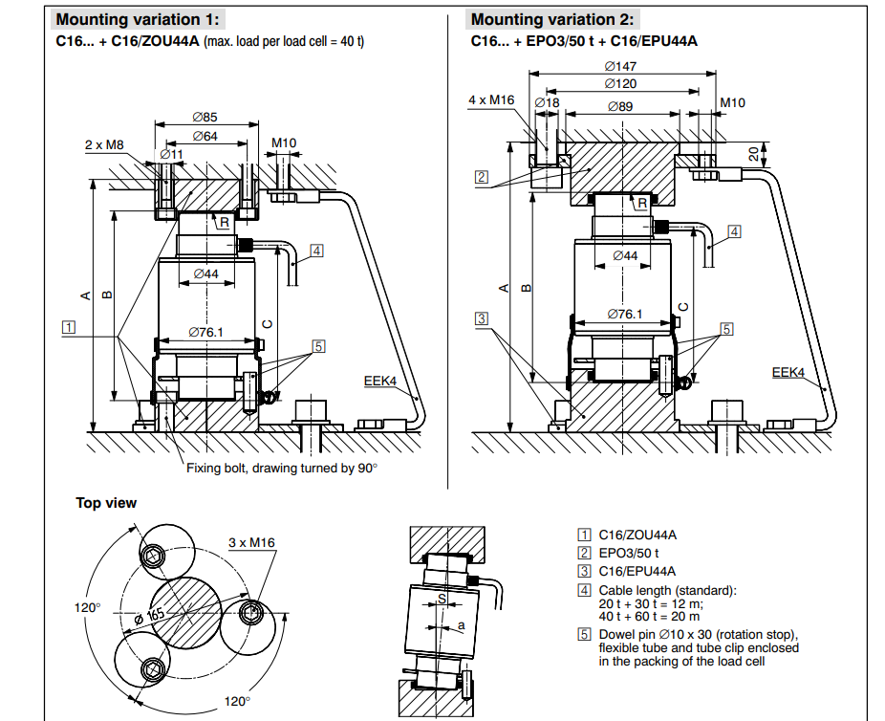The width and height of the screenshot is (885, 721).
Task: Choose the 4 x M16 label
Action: pyautogui.click(x=491, y=99)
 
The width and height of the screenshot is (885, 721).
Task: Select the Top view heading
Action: pyautogui.click(x=106, y=503)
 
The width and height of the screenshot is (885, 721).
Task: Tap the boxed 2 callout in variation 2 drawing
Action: pyautogui.click(x=482, y=177)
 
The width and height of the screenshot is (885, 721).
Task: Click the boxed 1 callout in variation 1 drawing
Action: pyautogui.click(x=68, y=327)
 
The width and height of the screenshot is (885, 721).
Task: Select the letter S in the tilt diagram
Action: pyautogui.click(x=441, y=600)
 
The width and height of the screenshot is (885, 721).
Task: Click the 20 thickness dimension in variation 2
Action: pyautogui.click(x=754, y=153)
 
